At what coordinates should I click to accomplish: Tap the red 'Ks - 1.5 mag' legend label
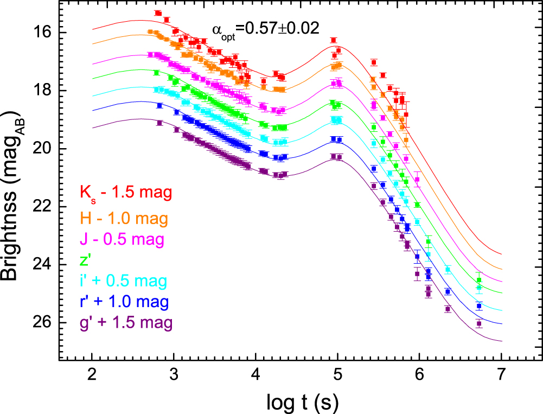tap(126, 193)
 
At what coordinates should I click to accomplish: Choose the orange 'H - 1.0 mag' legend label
tap(124, 219)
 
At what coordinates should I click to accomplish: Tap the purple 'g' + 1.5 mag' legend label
tap(126, 323)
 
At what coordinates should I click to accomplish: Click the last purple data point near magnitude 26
tap(479, 323)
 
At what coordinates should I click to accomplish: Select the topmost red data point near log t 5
tap(334, 40)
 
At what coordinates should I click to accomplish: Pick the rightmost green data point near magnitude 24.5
tap(479, 280)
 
